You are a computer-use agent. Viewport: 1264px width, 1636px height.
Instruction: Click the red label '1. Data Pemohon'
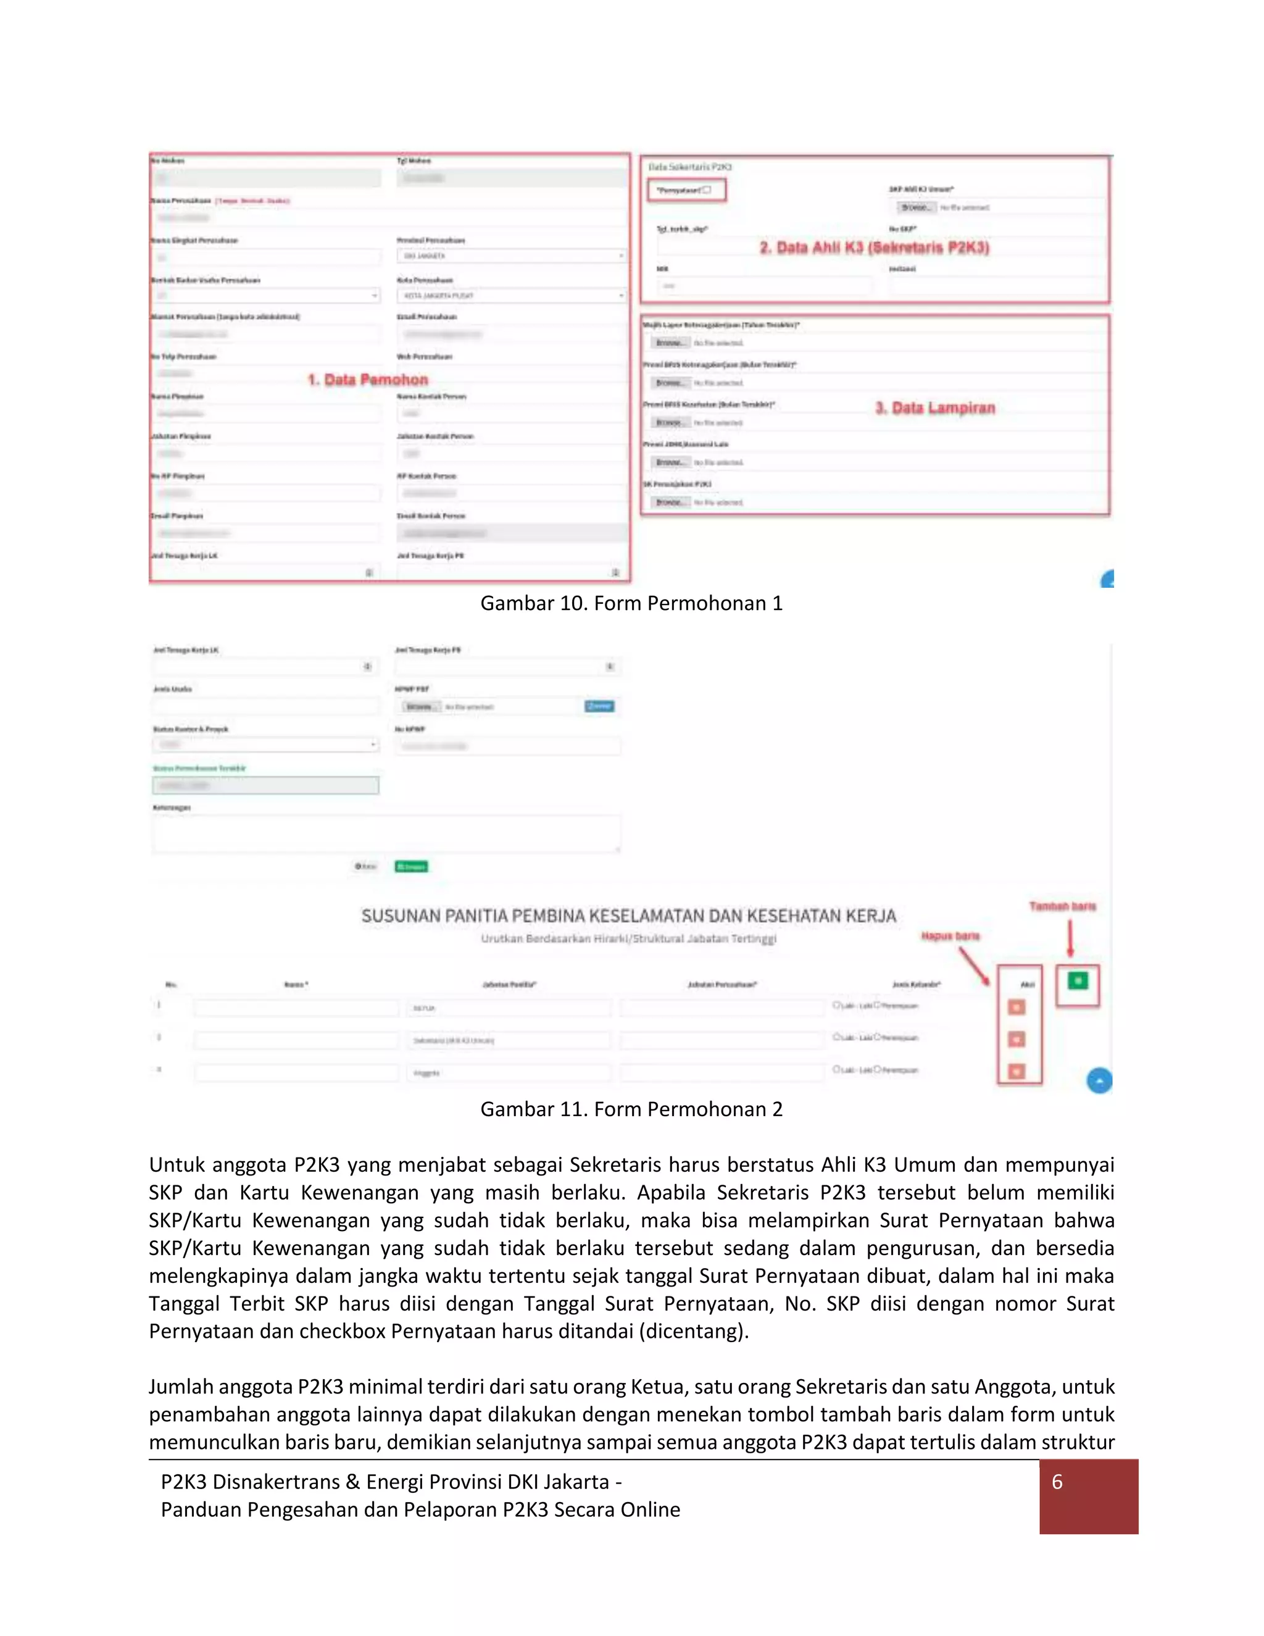(368, 380)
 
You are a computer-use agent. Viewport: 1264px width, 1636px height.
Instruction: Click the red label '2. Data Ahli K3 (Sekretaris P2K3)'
(874, 248)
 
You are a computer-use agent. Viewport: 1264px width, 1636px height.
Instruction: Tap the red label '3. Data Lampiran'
(935, 408)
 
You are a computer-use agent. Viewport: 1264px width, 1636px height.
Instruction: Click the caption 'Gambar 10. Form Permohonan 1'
(631, 603)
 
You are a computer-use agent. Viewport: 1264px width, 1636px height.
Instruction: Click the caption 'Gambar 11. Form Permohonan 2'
(631, 1109)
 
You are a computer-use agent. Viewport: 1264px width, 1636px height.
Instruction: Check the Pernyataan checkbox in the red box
(706, 190)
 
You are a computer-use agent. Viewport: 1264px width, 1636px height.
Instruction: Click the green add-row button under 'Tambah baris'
(1078, 980)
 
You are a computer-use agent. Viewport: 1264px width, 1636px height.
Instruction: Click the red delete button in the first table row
(1017, 1008)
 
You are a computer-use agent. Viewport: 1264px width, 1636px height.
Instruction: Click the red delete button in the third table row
(1017, 1072)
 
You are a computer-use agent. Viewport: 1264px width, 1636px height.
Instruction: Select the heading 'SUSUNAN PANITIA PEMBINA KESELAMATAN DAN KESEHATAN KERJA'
(628, 916)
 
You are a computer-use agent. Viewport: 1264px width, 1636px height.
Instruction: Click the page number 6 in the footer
(1057, 1482)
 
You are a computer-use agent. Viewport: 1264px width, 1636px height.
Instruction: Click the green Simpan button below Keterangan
(411, 867)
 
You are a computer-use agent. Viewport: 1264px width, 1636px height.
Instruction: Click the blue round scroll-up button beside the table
(1099, 1081)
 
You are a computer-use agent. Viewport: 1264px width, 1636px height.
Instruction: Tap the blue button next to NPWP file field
(599, 706)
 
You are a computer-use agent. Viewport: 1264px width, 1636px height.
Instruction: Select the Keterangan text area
(386, 833)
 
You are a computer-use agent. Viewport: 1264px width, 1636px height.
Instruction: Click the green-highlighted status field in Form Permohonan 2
(266, 785)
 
